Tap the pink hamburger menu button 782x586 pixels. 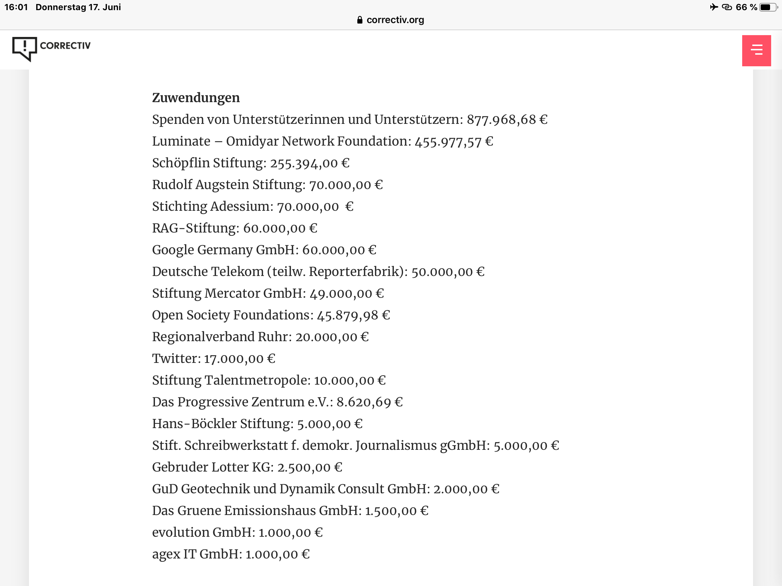[756, 50]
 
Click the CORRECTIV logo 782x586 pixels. [51, 48]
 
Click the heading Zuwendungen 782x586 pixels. [196, 98]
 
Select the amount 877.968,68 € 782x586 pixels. [507, 120]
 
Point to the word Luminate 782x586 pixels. [181, 141]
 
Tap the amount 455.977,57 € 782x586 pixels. [454, 142]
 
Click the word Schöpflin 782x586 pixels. [181, 163]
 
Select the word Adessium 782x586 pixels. [242, 206]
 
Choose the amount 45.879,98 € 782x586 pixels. [353, 315]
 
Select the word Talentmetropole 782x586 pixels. [257, 380]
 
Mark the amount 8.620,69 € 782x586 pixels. [369, 402]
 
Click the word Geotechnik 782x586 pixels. [215, 489]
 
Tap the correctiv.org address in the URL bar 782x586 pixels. [395, 20]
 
